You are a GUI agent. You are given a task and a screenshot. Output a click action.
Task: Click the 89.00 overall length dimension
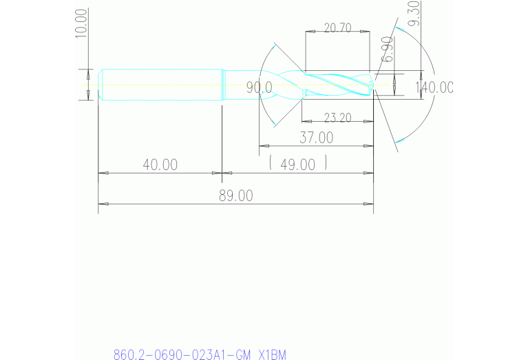pos(235,195)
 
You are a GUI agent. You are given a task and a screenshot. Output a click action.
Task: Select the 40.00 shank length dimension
pos(160,165)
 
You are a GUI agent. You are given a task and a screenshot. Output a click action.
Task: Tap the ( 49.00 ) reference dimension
pos(297,164)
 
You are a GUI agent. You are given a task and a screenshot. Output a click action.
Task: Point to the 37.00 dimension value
pos(316,138)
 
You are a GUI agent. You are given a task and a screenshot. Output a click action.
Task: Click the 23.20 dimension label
pos(337,118)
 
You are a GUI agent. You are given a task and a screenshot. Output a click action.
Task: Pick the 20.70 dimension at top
pos(337,28)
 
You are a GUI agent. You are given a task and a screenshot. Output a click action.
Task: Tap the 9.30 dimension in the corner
pos(414,14)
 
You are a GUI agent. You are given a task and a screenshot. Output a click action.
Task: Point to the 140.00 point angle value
pos(434,87)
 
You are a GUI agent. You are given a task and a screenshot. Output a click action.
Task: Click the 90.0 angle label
pos(260,87)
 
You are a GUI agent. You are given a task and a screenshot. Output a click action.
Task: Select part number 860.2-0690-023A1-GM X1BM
pos(199,354)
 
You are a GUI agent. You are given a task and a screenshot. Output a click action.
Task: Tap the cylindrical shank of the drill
pos(162,85)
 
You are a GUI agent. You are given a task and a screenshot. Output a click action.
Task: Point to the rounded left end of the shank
pos(101,85)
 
